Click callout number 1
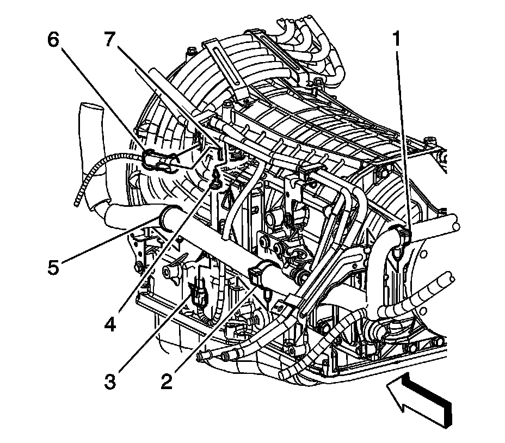point(398,39)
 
